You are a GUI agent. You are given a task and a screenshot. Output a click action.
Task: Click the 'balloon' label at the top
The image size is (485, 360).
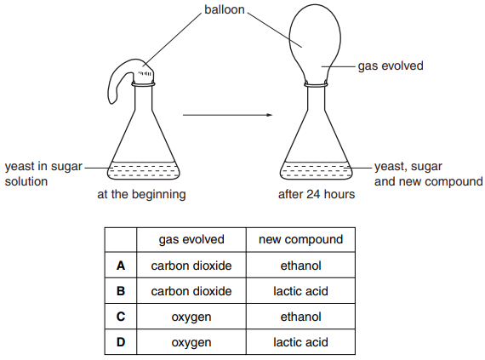click(x=225, y=9)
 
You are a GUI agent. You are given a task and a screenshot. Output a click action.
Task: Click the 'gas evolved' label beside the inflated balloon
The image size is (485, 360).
click(x=391, y=66)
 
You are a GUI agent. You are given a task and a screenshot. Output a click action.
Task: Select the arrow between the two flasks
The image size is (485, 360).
click(x=228, y=115)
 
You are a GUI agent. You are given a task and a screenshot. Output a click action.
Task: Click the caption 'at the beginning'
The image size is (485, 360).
click(x=141, y=194)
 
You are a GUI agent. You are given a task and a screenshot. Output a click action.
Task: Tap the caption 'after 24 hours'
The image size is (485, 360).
click(x=317, y=194)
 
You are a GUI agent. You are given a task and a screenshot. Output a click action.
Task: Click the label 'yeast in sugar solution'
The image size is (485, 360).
click(x=43, y=174)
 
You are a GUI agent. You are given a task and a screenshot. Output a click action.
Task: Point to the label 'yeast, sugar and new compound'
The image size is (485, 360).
click(x=428, y=174)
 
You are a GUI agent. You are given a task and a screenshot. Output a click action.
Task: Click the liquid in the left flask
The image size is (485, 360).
click(x=144, y=171)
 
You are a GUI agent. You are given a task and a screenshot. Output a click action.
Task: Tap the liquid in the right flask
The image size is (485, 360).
click(x=317, y=171)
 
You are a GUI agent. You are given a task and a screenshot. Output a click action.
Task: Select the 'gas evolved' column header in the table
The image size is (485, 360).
click(x=191, y=239)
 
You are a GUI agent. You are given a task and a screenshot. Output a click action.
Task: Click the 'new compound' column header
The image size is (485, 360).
click(x=300, y=239)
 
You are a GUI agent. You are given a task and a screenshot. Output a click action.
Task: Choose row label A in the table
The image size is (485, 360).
click(x=121, y=266)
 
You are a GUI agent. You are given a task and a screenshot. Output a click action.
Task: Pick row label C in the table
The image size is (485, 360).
click(x=121, y=317)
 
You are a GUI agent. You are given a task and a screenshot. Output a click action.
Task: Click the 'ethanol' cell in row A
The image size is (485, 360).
click(x=300, y=266)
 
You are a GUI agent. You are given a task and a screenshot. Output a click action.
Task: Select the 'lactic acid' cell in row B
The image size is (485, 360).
click(x=300, y=291)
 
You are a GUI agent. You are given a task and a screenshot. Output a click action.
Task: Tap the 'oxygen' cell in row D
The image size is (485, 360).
click(x=191, y=343)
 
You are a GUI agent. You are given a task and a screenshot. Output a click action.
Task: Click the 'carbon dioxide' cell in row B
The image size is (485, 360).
click(x=191, y=291)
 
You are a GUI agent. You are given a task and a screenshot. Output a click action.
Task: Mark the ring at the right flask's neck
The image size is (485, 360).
click(x=316, y=83)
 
